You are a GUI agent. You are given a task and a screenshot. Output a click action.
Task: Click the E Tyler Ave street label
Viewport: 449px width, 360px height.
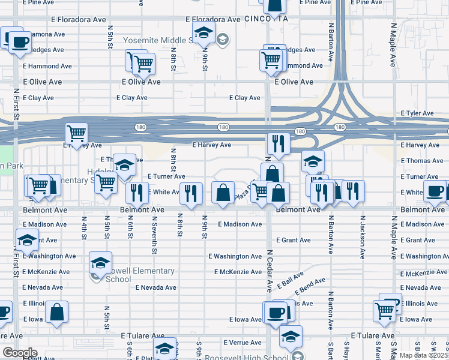click(417, 113)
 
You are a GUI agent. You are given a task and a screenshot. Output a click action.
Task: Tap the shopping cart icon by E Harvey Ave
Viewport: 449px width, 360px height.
click(76, 133)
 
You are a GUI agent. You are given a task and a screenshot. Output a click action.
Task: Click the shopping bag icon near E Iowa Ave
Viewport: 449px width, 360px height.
click(56, 312)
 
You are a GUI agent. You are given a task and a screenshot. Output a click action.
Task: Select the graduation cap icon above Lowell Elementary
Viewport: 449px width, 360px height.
click(100, 263)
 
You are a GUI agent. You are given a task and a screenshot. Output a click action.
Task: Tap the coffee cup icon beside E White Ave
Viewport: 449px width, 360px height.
click(435, 191)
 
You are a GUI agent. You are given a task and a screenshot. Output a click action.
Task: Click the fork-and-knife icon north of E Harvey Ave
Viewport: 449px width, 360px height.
click(278, 143)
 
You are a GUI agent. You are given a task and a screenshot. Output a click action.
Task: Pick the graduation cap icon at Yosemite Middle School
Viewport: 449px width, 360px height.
click(203, 32)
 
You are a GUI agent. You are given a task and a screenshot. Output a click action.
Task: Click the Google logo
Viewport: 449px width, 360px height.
click(19, 352)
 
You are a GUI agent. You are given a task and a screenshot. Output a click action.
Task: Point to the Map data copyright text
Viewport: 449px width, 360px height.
click(423, 355)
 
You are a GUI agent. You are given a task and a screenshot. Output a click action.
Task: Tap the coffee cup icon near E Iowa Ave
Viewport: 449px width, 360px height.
click(276, 313)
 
